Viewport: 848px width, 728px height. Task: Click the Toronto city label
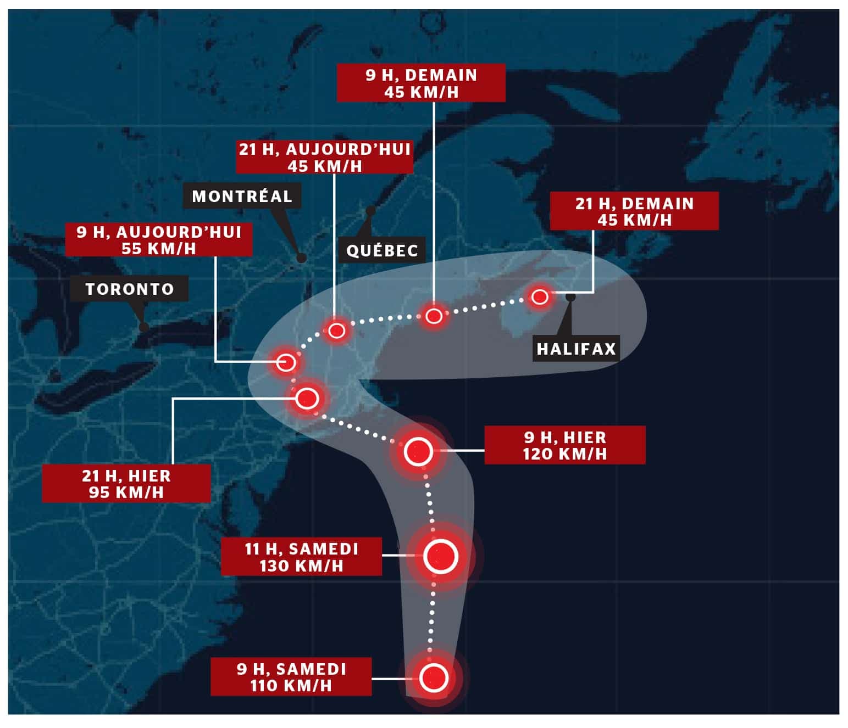129,289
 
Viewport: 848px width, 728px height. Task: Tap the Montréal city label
242,196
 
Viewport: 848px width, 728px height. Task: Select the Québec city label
382,250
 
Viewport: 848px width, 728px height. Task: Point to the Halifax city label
576,349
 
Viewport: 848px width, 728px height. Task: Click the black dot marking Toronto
144,327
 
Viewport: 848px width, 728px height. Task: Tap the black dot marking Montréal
301,257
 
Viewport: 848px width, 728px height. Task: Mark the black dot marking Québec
371,210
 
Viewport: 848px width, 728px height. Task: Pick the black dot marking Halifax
570,297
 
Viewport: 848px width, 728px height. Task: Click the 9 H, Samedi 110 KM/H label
291,677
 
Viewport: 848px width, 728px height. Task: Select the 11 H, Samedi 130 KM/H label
301,557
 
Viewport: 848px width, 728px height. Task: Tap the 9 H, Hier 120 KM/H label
564,445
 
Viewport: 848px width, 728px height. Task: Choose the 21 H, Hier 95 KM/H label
126,484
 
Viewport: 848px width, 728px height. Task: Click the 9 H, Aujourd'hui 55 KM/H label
159,240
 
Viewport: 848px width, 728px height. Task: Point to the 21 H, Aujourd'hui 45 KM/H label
325,157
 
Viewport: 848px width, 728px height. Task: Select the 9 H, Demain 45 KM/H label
421,83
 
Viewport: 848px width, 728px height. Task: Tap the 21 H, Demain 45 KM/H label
634,211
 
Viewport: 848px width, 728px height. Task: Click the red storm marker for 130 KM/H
441,557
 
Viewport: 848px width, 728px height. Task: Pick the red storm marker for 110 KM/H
433,677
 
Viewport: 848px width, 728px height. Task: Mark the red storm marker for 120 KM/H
418,452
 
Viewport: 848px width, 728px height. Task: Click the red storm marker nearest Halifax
540,297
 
